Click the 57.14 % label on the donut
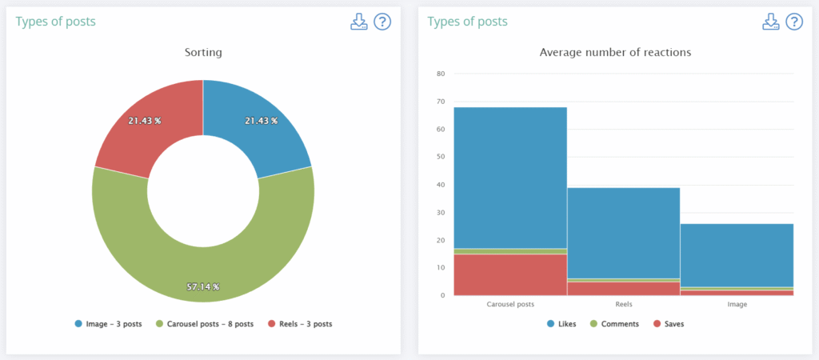pyautogui.click(x=203, y=286)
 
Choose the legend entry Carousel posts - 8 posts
pyautogui.click(x=204, y=324)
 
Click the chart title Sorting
pyautogui.click(x=203, y=53)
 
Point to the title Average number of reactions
pyautogui.click(x=615, y=53)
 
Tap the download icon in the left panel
pyautogui.click(x=358, y=22)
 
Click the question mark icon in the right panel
pyautogui.click(x=794, y=22)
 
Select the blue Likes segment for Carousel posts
pyautogui.click(x=510, y=176)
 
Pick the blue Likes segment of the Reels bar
pyautogui.click(x=623, y=232)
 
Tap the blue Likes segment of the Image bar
pyautogui.click(x=736, y=254)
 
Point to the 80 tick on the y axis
pyautogui.click(x=440, y=74)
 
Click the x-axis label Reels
pyautogui.click(x=623, y=305)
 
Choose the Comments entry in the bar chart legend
pyautogui.click(x=614, y=324)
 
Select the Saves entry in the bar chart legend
pyautogui.click(x=669, y=324)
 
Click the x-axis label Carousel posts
pyautogui.click(x=510, y=305)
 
